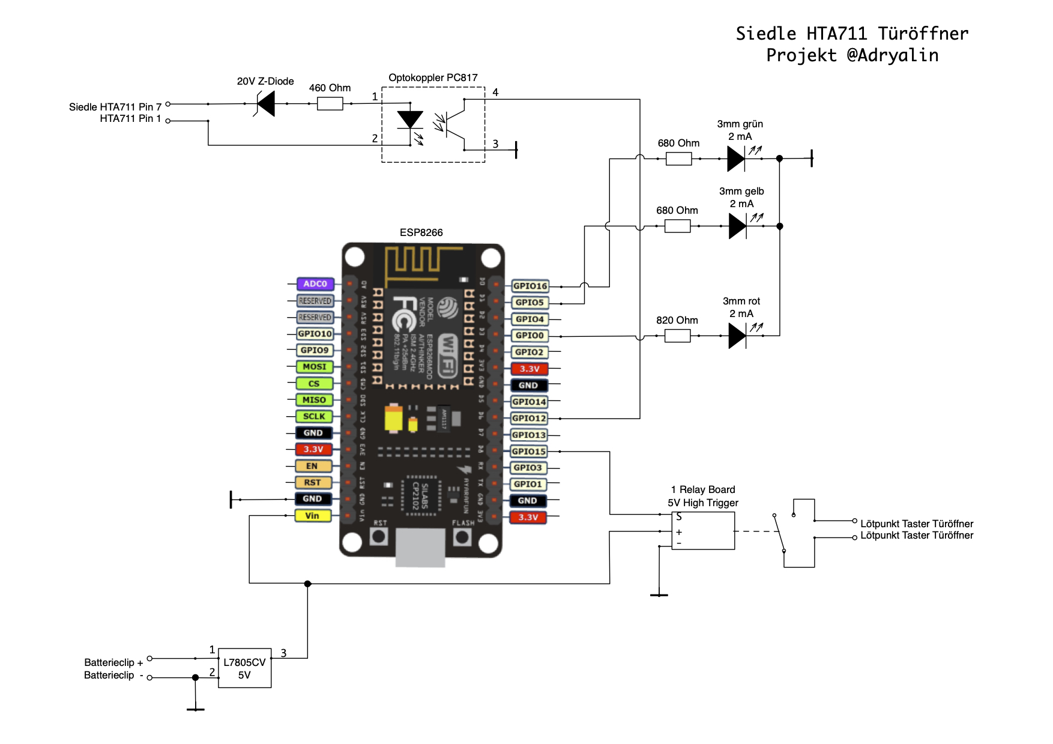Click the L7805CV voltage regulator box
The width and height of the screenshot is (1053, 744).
(244, 668)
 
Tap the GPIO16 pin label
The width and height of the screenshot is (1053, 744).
(530, 286)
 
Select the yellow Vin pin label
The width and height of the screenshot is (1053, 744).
(313, 516)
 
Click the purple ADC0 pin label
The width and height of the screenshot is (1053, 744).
(315, 284)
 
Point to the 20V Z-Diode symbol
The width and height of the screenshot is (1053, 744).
(265, 104)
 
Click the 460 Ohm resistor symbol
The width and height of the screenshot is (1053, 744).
(330, 104)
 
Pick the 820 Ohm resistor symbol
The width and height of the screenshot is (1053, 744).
(677, 336)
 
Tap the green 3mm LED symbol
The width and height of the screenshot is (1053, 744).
(736, 159)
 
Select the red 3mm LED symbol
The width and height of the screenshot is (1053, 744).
(737, 336)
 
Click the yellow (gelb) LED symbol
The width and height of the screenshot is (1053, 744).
(738, 226)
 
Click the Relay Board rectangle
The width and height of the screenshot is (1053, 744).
(703, 531)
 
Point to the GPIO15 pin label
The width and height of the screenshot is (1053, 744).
(529, 452)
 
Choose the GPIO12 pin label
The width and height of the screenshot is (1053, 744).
(529, 419)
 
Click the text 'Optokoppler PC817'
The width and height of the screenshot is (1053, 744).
(433, 78)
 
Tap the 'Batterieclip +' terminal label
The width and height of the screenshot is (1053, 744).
(113, 662)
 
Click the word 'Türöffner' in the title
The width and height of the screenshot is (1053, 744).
(923, 34)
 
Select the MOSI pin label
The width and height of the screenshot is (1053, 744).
(314, 367)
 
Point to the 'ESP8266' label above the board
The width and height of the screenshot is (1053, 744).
(421, 232)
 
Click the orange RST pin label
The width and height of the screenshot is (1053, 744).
(313, 483)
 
